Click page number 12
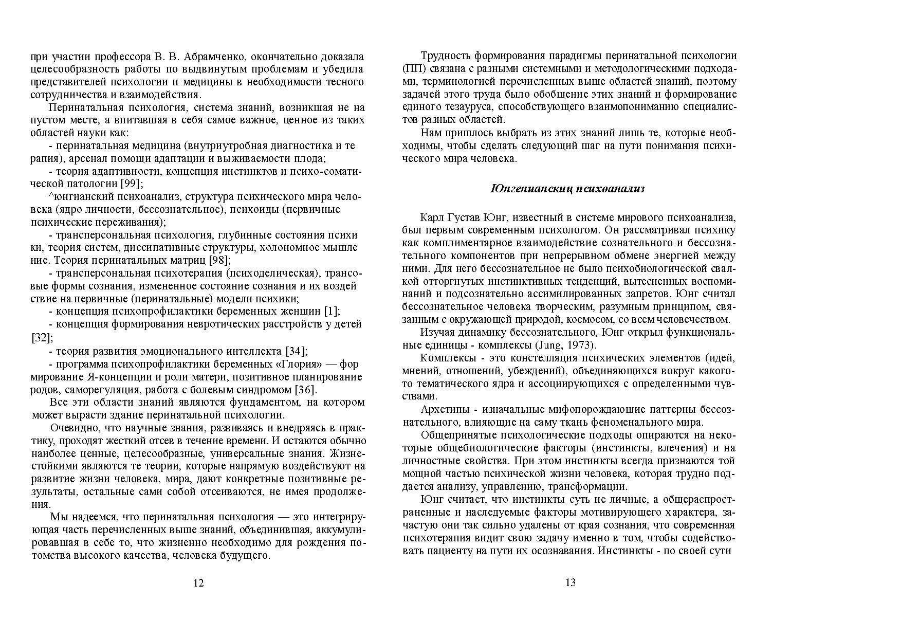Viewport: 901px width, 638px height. (x=199, y=583)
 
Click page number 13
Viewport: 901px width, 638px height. (x=571, y=582)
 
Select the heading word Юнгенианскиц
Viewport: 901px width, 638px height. (x=524, y=189)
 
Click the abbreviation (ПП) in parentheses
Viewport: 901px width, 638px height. (x=413, y=69)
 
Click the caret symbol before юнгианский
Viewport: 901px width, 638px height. (x=51, y=196)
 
